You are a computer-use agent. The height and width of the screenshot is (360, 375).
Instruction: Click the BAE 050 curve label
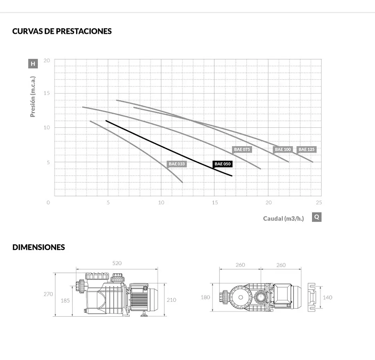[x=222, y=164]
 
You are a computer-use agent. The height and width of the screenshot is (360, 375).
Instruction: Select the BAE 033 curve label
[x=177, y=164]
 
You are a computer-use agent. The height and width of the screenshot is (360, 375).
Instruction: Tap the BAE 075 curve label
[x=242, y=149]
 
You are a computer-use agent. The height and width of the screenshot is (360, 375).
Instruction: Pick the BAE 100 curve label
[x=283, y=149]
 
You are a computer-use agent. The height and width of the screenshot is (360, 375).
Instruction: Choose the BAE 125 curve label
[x=306, y=149]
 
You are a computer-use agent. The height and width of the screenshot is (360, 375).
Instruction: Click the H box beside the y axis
[x=33, y=64]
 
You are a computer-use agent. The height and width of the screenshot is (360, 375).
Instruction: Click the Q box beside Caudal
[x=317, y=217]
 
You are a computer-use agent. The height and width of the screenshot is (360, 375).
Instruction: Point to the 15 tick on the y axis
[x=46, y=93]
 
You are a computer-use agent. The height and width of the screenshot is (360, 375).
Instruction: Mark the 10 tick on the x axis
[x=161, y=202]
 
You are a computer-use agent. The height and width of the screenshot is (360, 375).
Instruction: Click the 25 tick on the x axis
[x=319, y=202]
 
